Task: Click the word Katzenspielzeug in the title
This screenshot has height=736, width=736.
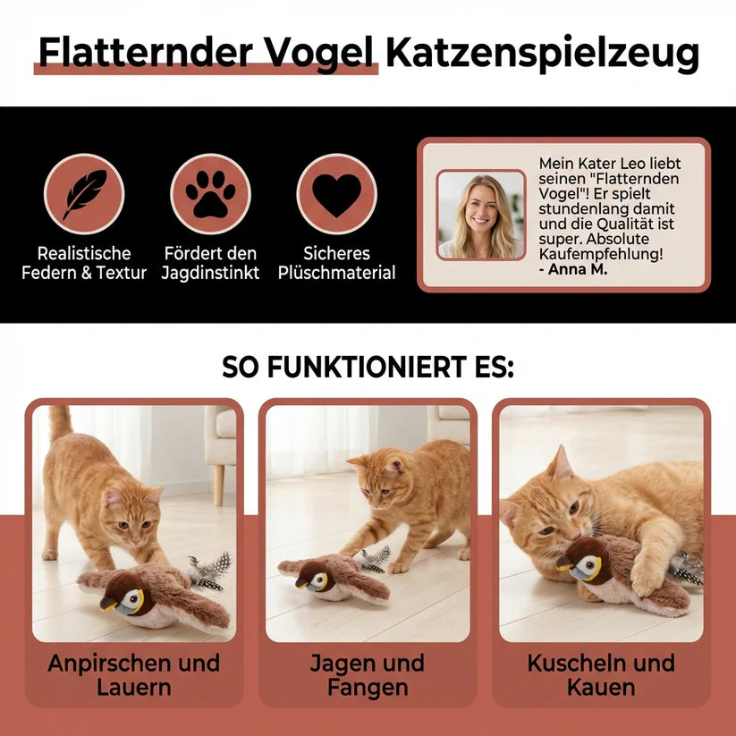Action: pyautogui.click(x=542, y=53)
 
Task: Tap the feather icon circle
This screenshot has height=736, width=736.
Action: pyautogui.click(x=84, y=194)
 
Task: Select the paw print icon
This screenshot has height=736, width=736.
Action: pyautogui.click(x=210, y=194)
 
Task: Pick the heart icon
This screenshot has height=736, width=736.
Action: pyautogui.click(x=336, y=194)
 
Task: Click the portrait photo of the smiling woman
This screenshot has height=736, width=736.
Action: pyautogui.click(x=480, y=215)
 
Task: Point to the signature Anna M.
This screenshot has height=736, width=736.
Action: pyautogui.click(x=573, y=269)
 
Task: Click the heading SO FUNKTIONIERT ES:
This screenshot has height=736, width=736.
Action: pyautogui.click(x=368, y=367)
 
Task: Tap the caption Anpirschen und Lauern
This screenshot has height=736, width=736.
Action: pyautogui.click(x=134, y=675)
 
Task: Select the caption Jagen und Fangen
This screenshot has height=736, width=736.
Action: pyautogui.click(x=368, y=675)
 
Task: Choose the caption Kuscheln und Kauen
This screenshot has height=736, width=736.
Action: pyautogui.click(x=601, y=675)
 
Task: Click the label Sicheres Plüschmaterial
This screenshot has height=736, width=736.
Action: pyautogui.click(x=336, y=263)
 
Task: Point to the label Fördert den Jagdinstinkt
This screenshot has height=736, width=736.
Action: pyautogui.click(x=210, y=263)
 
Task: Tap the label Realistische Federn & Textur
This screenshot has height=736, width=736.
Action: pyautogui.click(x=84, y=263)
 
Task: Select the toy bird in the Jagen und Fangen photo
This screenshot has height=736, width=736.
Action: pyautogui.click(x=334, y=578)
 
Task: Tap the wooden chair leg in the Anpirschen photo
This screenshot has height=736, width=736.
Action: pyautogui.click(x=218, y=485)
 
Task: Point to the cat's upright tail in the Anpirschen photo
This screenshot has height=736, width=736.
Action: pyautogui.click(x=61, y=424)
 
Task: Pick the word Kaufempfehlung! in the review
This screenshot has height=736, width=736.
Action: pyautogui.click(x=601, y=254)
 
